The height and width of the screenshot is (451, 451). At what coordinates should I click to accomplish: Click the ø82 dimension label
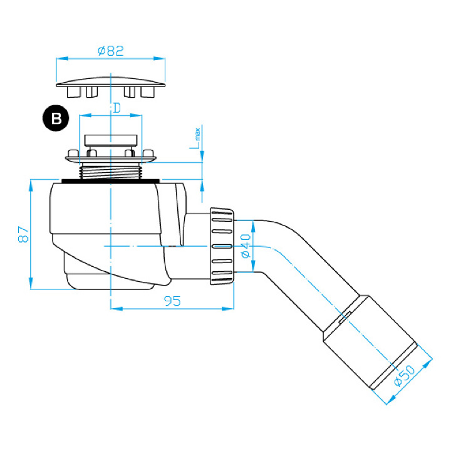111,51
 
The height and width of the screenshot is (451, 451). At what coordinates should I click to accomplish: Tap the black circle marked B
56,118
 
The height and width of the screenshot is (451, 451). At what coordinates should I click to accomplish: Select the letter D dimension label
117,108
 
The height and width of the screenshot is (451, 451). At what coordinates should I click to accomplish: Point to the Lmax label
195,138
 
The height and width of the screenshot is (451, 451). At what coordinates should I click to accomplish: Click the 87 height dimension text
23,234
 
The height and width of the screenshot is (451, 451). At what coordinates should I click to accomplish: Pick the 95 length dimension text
172,301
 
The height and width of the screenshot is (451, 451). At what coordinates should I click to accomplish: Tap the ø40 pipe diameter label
246,246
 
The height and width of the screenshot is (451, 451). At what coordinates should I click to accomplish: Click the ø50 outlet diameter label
405,375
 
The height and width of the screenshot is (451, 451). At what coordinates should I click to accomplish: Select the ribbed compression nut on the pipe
222,246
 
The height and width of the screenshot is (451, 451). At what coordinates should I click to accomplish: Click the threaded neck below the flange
111,171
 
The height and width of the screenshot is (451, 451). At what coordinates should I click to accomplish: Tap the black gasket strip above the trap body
110,181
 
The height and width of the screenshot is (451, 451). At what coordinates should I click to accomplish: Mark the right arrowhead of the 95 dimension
228,309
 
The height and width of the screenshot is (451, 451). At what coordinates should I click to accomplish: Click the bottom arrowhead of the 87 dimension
31,283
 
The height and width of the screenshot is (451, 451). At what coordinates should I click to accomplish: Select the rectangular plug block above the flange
111,140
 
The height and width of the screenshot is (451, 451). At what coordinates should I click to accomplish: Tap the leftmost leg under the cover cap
73,92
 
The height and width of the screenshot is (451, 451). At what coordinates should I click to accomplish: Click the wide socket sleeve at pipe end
370,343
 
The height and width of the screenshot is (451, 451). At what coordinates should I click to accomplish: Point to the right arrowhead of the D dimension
136,116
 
